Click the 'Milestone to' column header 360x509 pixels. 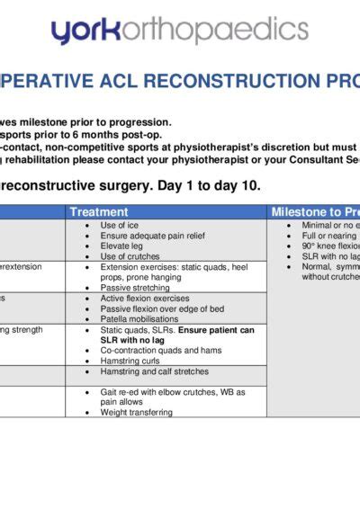(x=316, y=212)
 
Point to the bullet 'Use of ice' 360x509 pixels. (x=121, y=225)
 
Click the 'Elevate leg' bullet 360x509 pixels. (x=123, y=246)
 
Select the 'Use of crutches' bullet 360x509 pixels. (x=130, y=257)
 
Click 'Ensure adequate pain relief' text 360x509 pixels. (x=149, y=236)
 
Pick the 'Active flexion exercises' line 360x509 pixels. (x=145, y=299)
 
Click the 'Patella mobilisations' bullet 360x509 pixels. (x=140, y=319)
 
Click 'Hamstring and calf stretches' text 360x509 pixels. (x=154, y=371)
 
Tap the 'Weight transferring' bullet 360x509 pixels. (x=136, y=413)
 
